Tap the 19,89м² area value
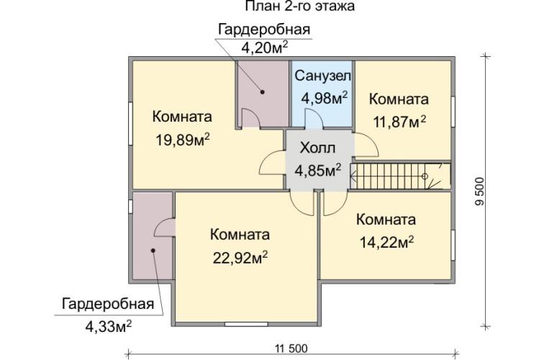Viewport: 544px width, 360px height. [183, 140]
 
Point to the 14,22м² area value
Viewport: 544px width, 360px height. [386, 243]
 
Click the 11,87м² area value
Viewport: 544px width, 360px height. [399, 122]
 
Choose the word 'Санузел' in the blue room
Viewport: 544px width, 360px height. [322, 76]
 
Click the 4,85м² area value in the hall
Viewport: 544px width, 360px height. [317, 170]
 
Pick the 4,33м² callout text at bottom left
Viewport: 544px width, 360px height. [108, 325]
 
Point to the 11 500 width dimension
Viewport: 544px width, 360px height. [291, 349]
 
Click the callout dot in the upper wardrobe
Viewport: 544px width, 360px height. [263, 92]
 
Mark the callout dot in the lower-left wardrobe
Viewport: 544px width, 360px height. [153, 251]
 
